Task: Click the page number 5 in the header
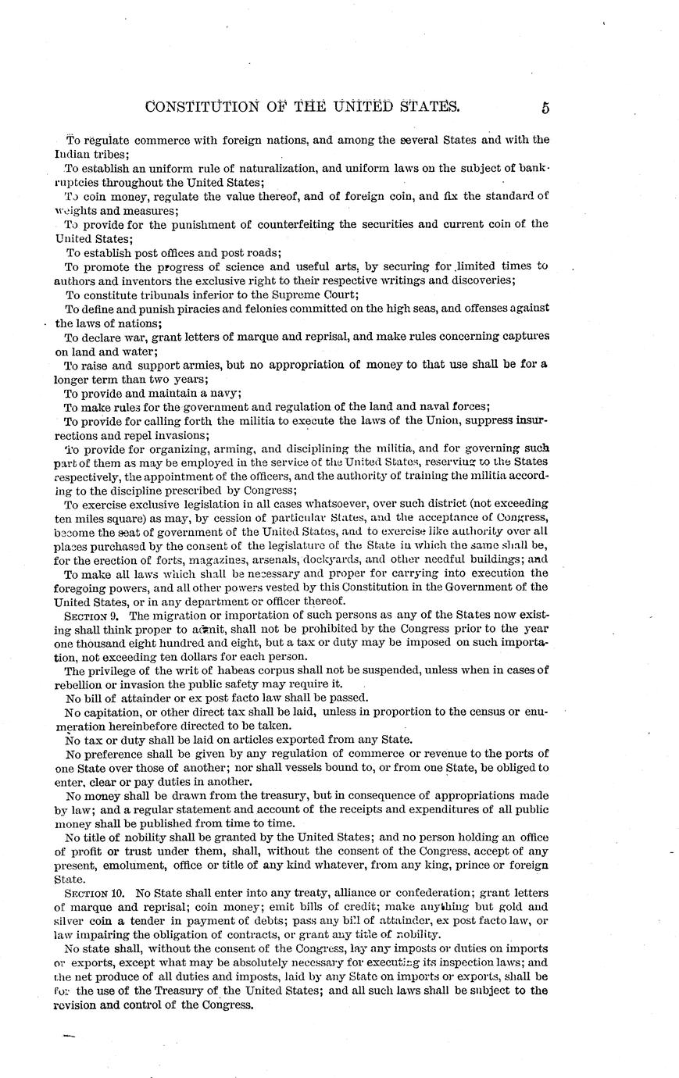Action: (x=545, y=108)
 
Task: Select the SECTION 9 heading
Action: (x=90, y=616)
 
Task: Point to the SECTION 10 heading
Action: (x=92, y=892)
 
